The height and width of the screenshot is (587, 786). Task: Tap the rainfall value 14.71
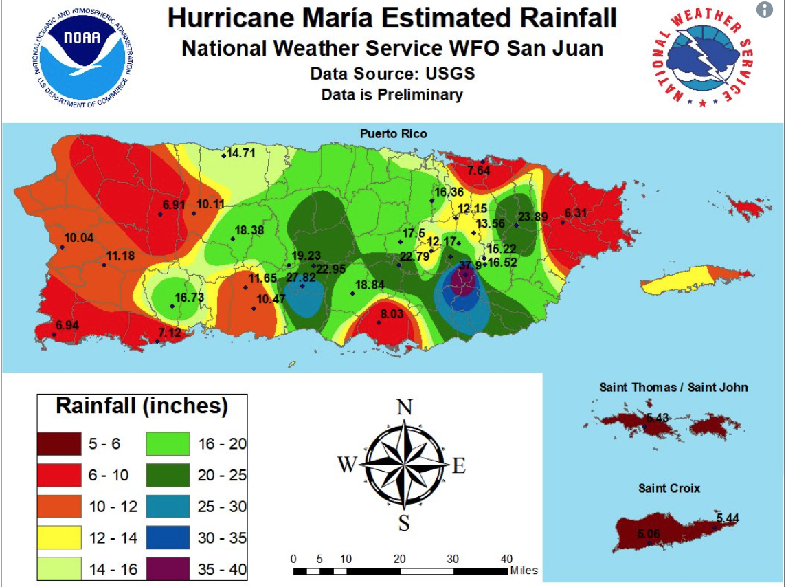(x=241, y=153)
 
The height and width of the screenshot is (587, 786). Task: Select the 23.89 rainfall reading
(x=533, y=217)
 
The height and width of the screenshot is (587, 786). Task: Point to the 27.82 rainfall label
(x=301, y=278)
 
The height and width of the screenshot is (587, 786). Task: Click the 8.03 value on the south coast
(x=392, y=314)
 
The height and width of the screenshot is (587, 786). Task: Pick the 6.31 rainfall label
(x=576, y=213)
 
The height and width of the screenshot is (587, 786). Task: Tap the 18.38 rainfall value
(x=249, y=231)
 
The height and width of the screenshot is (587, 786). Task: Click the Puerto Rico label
(x=393, y=133)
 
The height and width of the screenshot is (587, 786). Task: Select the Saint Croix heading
(x=669, y=488)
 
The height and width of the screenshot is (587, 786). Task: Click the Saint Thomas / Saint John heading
(x=673, y=388)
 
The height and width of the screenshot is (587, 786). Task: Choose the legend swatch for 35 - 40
(x=168, y=569)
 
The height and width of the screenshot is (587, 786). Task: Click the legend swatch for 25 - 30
(x=168, y=507)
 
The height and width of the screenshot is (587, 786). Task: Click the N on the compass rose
(x=405, y=408)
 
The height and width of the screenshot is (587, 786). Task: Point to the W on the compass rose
(x=347, y=465)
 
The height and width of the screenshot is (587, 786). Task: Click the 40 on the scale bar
(x=506, y=558)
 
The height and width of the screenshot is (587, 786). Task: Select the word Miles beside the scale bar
(x=524, y=571)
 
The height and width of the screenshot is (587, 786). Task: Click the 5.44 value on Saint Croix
(x=728, y=518)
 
